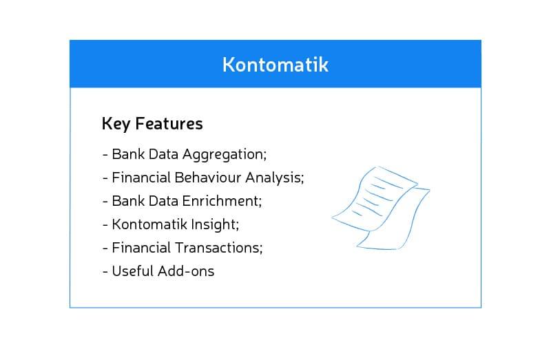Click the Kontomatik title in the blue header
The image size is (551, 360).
point(275,65)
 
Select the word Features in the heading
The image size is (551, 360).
point(169,124)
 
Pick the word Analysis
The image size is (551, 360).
point(277,178)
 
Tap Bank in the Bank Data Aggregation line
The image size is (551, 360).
point(127,154)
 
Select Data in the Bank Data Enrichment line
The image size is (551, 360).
point(165,201)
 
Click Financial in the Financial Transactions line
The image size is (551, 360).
point(140,248)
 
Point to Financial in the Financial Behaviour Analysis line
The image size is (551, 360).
point(140,178)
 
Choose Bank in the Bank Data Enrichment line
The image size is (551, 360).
point(127,201)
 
